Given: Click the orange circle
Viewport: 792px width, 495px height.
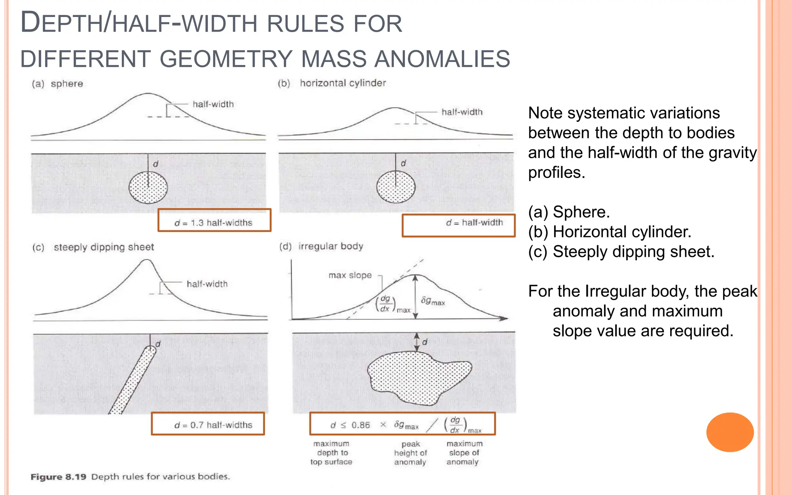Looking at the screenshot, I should pos(730,432).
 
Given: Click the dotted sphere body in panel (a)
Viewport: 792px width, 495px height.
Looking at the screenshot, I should pos(148,188).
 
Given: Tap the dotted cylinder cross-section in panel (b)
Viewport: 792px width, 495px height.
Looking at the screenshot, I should pos(396,187).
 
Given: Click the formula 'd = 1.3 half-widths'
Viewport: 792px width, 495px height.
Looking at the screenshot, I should pos(213,223).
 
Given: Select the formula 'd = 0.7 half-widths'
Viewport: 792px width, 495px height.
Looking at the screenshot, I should pos(213,425).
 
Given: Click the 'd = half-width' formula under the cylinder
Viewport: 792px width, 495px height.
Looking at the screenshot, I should pos(474,223).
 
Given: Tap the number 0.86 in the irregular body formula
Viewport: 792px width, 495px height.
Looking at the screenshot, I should pos(360,425).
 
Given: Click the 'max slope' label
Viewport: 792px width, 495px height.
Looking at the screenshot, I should pos(350,275).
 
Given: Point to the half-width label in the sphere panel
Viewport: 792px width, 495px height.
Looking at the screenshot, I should pos(213,104).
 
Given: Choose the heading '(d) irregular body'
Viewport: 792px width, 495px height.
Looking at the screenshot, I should pos(321,246).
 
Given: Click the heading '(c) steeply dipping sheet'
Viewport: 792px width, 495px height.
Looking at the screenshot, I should pos(93,247).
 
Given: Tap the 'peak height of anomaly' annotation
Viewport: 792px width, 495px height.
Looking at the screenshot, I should pos(410,453).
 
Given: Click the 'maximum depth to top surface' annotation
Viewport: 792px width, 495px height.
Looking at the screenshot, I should pos(331,453).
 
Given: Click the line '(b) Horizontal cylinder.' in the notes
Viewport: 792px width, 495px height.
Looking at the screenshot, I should pos(609,232).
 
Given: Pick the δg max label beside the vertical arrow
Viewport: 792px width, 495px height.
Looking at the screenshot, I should pos(433,301).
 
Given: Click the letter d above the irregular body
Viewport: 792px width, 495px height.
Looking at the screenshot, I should pos(425,342).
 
